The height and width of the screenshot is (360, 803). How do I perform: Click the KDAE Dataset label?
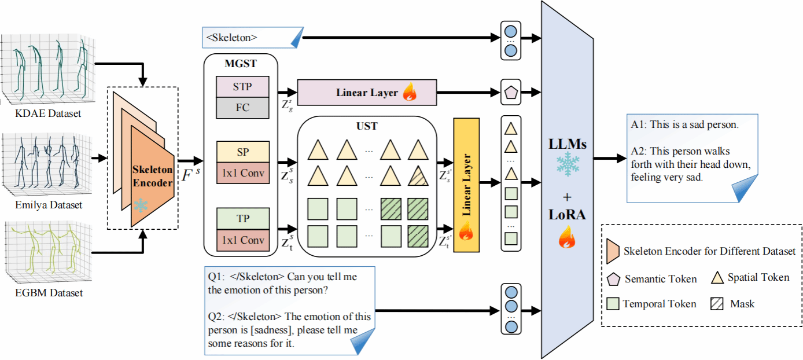click(48, 113)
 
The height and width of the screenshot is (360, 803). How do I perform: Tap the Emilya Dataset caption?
click(49, 205)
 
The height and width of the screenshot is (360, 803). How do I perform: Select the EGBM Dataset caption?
click(49, 293)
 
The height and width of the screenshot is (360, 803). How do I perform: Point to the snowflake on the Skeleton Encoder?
click(141, 205)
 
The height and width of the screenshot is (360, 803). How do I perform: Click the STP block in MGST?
click(242, 86)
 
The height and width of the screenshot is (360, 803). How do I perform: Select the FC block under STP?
click(242, 108)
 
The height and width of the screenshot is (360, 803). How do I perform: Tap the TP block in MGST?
click(242, 219)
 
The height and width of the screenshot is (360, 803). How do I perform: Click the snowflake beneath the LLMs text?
click(567, 165)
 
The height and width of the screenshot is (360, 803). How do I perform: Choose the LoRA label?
click(568, 215)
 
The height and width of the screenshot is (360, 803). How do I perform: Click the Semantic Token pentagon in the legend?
click(613, 279)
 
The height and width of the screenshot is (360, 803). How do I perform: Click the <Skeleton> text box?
click(252, 38)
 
